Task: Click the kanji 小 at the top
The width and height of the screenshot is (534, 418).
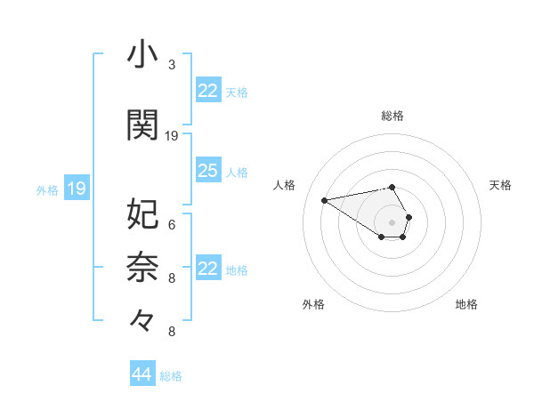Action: click(x=143, y=55)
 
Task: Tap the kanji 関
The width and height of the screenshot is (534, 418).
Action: click(x=143, y=125)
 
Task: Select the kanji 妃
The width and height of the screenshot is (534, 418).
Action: click(x=143, y=213)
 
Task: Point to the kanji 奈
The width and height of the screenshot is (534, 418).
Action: click(x=143, y=266)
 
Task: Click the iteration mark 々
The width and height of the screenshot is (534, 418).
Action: click(x=143, y=318)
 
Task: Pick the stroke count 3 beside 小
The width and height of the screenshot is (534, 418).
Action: click(x=172, y=65)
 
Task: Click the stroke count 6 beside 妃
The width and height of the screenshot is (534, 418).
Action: click(x=172, y=224)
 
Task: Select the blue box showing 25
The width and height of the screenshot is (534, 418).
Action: click(x=208, y=171)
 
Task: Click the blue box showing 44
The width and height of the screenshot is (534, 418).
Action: click(x=142, y=374)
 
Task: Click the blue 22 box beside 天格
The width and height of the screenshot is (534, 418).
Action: click(x=208, y=91)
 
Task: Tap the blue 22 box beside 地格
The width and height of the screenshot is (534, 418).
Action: click(x=208, y=269)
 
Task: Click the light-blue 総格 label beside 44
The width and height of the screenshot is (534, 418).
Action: click(x=171, y=376)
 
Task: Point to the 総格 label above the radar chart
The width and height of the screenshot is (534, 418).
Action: click(x=392, y=116)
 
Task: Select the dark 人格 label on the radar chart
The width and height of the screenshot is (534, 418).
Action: click(x=285, y=185)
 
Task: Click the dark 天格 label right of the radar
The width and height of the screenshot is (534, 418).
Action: click(x=500, y=185)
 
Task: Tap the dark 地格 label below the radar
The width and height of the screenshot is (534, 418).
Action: click(x=466, y=304)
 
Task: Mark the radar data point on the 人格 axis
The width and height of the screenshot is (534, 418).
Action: click(x=325, y=199)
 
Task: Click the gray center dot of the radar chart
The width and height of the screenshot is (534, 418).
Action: click(x=392, y=221)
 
